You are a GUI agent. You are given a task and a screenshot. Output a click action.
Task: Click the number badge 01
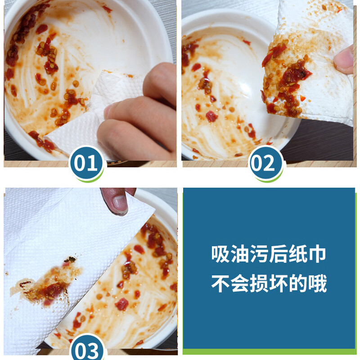coord(86,163)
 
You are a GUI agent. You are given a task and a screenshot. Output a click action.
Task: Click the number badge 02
coord(266,163)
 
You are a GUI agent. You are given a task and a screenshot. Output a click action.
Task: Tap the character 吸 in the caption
coord(220,254)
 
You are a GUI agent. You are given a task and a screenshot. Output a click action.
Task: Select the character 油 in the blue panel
coord(240,254)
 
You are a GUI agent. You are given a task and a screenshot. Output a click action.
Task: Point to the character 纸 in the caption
coord(297,254)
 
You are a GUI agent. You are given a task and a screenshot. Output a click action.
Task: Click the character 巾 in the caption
coord(317,254)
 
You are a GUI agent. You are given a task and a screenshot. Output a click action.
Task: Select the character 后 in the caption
coord(278,254)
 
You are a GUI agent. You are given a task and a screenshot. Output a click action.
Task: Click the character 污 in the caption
coord(259,254)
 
